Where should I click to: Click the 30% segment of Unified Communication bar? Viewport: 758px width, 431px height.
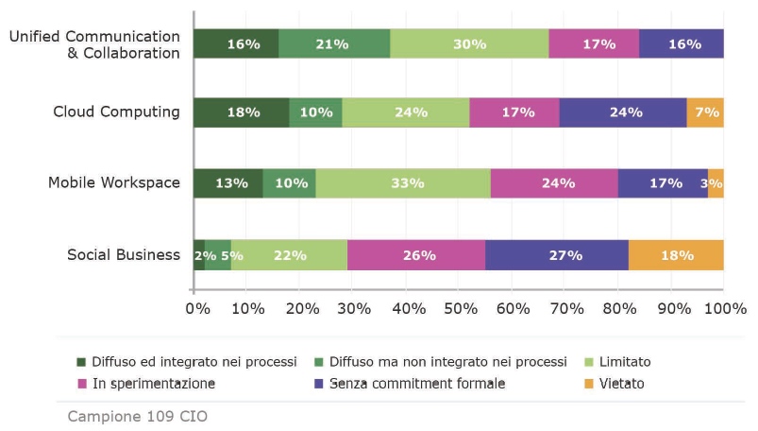point(469,44)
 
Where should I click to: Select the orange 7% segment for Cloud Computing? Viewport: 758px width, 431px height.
point(705,112)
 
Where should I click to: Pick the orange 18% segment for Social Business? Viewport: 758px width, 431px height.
point(676,255)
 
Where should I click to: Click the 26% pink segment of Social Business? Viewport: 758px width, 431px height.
point(416,255)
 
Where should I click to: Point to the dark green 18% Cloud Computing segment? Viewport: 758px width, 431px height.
point(242,112)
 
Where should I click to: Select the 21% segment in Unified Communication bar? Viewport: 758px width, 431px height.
point(334,44)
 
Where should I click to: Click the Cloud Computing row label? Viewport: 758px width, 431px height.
point(116,112)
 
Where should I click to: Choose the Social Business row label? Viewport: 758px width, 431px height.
point(124,254)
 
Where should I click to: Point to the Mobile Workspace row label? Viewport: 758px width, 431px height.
point(114,182)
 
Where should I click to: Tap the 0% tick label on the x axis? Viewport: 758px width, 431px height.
point(196,308)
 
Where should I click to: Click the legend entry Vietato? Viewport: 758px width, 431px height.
point(621,384)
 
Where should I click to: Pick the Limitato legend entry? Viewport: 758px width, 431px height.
point(618,362)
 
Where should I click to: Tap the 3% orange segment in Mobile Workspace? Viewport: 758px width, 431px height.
point(716,183)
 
